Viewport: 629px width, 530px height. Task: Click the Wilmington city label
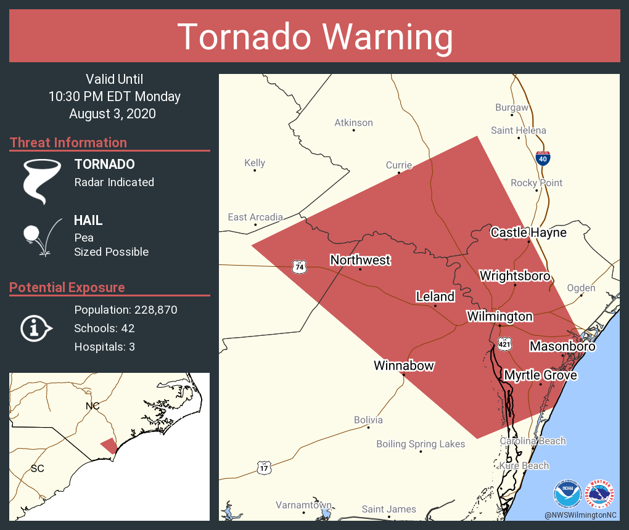pos(499,316)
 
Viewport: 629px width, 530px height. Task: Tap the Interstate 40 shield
pos(543,158)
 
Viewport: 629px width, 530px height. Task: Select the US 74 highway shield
pos(300,267)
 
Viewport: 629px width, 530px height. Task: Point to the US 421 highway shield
pos(505,343)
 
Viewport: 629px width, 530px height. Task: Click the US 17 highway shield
pos(264,467)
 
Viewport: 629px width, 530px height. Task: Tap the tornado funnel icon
pos(42,181)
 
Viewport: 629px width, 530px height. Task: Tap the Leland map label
pos(435,296)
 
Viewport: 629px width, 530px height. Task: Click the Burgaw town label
pos(512,107)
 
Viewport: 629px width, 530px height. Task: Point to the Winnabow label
pos(404,365)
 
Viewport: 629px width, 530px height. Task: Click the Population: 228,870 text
pos(126,310)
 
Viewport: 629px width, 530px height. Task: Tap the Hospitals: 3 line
pos(104,347)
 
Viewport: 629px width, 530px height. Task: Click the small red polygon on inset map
pos(109,445)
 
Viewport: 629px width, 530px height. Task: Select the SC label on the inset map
pos(37,468)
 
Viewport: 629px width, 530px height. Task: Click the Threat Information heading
pos(68,142)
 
